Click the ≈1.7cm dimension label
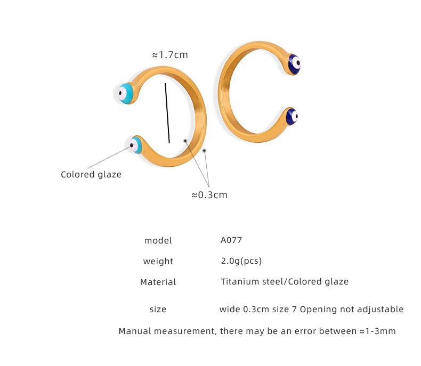170,55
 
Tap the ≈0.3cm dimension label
209,195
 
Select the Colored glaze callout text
91,175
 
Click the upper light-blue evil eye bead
126,93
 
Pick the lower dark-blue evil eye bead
292,117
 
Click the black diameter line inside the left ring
167,112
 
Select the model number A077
231,240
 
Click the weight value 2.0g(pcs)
241,261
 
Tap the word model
158,241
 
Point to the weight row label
158,262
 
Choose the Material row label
158,282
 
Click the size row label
158,310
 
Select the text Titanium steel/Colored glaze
285,282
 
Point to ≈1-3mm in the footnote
377,331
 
